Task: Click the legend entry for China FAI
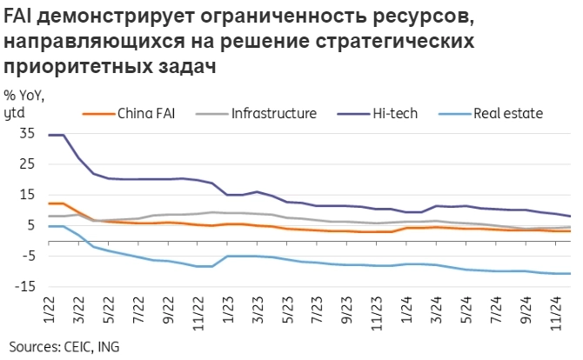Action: [x=146, y=113]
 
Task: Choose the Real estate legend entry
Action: [x=507, y=113]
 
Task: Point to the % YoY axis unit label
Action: [x=24, y=96]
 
